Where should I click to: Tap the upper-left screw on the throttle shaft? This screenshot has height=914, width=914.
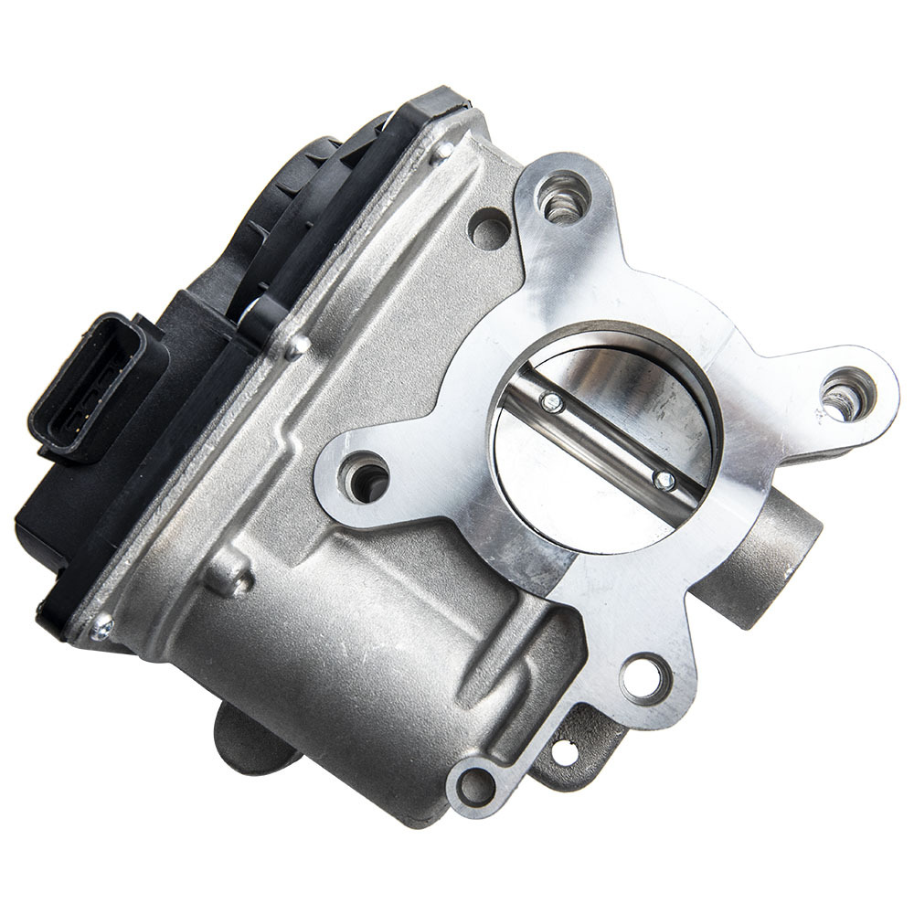click(550, 402)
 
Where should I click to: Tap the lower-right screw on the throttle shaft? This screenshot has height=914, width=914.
click(665, 479)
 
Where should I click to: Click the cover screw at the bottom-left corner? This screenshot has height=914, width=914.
click(101, 628)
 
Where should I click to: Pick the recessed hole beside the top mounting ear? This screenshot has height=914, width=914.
click(488, 227)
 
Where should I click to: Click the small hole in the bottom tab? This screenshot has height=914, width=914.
click(564, 754)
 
